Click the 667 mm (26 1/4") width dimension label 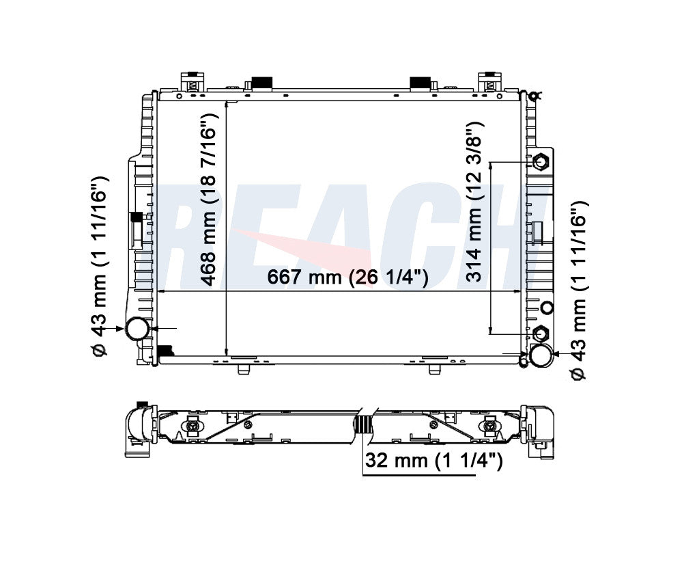(x=347, y=278)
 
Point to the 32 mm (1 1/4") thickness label (x=433, y=461)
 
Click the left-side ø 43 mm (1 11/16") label (x=101, y=267)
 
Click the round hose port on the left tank (x=137, y=329)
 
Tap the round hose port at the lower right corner (x=541, y=354)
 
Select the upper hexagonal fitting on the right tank (x=541, y=162)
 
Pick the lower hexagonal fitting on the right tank (x=541, y=334)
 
